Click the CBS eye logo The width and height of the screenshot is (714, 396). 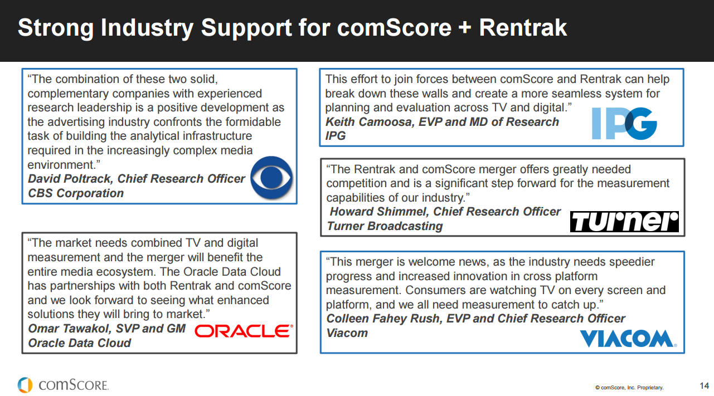point(271,178)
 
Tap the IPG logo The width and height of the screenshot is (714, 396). point(624,123)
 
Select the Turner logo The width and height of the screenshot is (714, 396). point(624,222)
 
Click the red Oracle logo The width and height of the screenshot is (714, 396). point(244,331)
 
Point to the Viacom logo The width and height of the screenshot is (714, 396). point(628,339)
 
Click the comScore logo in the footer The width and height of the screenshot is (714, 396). point(63,385)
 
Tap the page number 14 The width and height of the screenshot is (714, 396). point(704,385)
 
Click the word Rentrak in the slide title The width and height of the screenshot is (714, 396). point(523,28)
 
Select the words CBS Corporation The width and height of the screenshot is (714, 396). point(76,193)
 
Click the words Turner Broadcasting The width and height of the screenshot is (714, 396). point(385,226)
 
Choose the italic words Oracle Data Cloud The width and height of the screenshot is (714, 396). point(80,343)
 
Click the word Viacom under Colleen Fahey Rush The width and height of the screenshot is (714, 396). point(347,333)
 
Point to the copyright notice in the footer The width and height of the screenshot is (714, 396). point(629,387)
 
